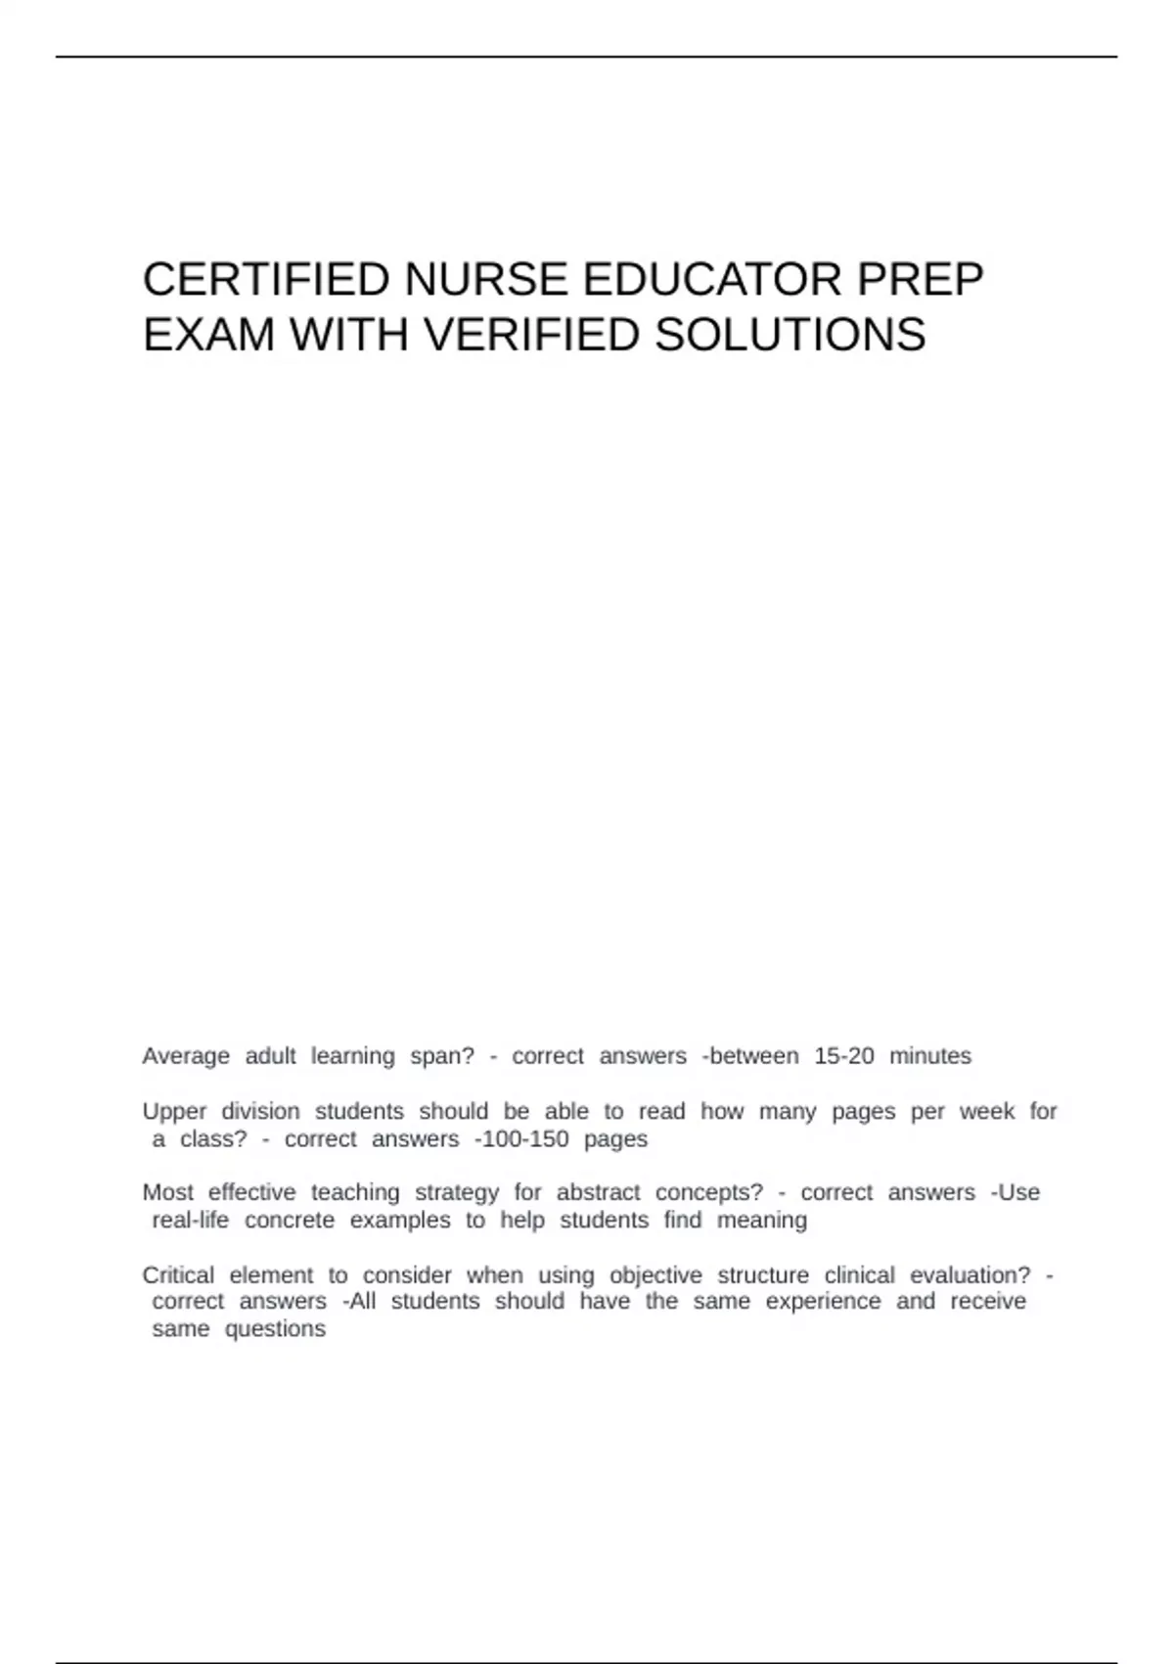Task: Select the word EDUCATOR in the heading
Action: point(712,280)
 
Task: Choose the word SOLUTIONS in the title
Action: point(790,336)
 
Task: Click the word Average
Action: point(186,1056)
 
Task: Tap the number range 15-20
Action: point(844,1056)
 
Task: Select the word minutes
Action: point(930,1056)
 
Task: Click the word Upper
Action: point(174,1112)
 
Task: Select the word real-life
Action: point(190,1221)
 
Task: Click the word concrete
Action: point(290,1221)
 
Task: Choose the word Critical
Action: point(178,1275)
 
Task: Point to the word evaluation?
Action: point(971,1275)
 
